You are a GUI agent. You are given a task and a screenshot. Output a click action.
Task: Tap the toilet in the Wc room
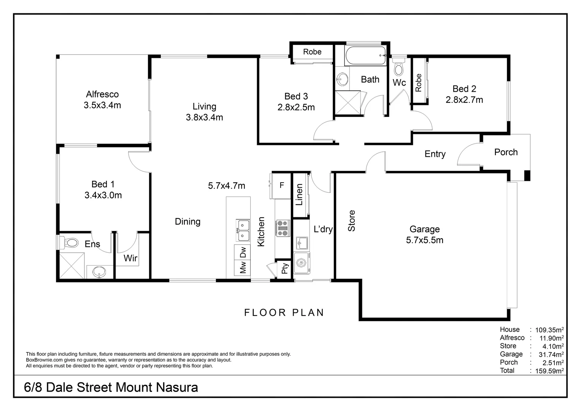[x=398, y=67]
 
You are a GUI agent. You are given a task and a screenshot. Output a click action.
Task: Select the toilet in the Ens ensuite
[x=69, y=243]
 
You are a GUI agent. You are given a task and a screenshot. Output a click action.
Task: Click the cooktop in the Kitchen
[x=283, y=228]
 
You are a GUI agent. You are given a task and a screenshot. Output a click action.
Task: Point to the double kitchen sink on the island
[x=243, y=230]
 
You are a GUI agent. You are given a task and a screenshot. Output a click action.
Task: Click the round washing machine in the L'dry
[x=302, y=263]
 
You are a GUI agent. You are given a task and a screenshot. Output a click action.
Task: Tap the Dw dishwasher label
[x=243, y=252]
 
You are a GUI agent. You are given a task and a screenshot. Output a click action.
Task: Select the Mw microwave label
[x=243, y=268]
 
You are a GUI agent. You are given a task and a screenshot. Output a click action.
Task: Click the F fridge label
[x=282, y=185]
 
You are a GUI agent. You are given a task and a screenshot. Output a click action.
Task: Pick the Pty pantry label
[x=284, y=268]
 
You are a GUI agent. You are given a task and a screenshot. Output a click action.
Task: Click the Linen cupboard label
[x=299, y=194]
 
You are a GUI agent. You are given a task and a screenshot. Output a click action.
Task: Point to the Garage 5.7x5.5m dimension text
[x=425, y=240]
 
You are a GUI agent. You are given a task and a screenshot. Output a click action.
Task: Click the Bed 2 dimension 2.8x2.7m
[x=464, y=100]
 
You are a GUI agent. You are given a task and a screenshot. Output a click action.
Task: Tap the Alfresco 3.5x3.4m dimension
[x=102, y=105]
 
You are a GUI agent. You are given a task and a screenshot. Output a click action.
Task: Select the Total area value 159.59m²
[x=549, y=371]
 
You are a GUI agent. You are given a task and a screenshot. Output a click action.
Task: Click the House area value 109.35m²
[x=549, y=330]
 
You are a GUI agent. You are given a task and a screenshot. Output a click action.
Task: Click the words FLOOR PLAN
[x=284, y=312]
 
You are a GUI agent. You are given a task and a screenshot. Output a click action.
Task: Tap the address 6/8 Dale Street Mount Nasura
[x=111, y=388]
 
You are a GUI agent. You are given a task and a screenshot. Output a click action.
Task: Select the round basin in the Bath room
[x=342, y=79]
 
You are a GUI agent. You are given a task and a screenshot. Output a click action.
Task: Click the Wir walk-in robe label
[x=130, y=258]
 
